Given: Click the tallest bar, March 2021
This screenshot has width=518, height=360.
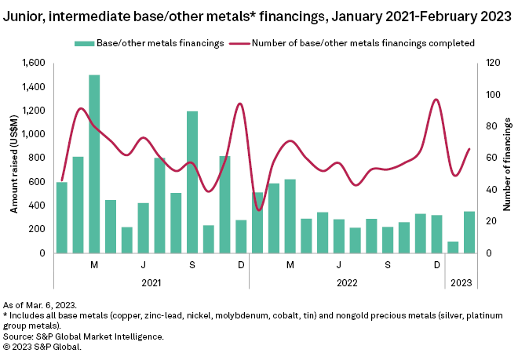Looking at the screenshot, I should pos(94,164).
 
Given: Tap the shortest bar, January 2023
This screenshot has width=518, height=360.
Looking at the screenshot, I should pos(453,247).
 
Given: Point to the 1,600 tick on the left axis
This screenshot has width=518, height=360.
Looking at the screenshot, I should pos(33,63).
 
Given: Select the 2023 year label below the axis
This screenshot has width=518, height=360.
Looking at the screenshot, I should pos(461,282).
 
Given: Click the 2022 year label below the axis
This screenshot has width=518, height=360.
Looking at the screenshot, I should pos(347,282).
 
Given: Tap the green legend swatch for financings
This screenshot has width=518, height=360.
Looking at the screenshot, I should pos(81,43).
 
